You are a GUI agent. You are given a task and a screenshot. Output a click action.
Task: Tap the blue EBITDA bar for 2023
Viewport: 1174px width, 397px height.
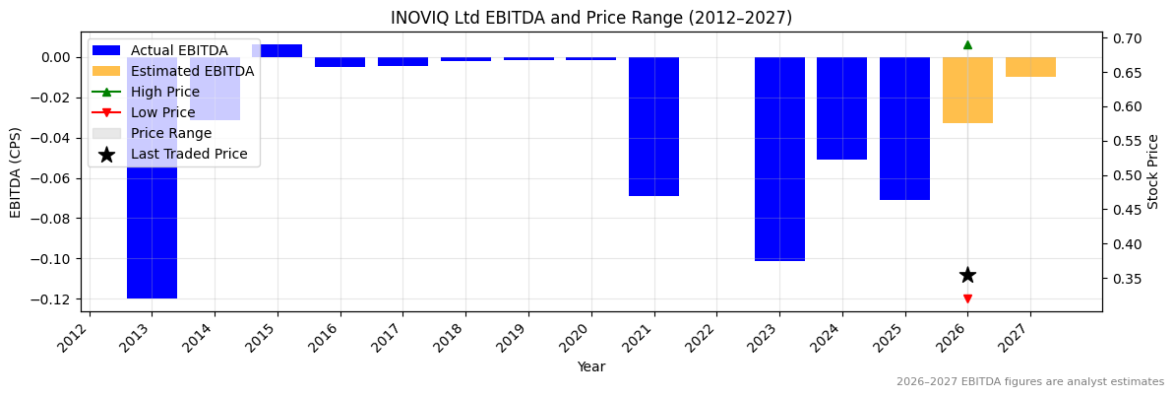pos(779,159)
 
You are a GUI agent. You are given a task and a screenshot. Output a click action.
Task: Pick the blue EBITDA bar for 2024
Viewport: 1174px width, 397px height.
pos(841,108)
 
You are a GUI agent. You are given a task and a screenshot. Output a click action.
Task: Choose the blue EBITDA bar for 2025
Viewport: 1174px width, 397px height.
pos(904,128)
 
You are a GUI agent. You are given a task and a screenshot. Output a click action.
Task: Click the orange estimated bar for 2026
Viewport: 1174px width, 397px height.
pos(967,90)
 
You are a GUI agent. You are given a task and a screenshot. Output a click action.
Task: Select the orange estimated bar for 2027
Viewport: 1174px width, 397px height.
pos(1030,67)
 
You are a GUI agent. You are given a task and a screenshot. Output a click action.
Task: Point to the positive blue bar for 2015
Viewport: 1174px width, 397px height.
pos(277,51)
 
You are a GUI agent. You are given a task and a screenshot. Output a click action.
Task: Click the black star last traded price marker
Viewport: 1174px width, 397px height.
pos(967,275)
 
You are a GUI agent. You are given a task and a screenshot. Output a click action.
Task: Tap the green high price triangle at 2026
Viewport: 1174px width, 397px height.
pos(967,44)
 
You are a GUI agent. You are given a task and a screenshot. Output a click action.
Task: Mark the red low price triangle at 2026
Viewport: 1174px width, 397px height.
pos(967,298)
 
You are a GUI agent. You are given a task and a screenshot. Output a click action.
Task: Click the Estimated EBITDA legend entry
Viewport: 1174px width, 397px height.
pos(192,71)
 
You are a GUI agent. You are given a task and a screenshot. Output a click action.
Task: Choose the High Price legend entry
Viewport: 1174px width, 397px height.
pos(164,92)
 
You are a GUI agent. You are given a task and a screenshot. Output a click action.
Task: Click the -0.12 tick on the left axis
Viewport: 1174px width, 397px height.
pos(55,299)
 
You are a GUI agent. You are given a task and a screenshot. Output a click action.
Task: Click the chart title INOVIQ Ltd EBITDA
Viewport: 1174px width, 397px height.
pos(590,18)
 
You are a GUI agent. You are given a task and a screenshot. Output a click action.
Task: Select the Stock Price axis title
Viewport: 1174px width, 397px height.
pos(1153,171)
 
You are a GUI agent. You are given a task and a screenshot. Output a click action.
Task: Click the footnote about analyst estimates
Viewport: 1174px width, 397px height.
pos(1029,382)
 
